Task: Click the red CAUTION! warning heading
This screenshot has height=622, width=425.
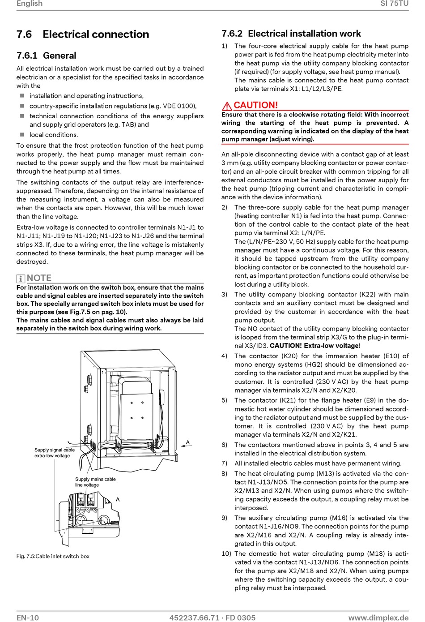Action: point(255,105)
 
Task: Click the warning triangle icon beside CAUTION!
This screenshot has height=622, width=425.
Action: point(227,106)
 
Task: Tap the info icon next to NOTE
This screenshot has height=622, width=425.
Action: point(21,279)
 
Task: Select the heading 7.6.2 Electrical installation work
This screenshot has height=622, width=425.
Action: point(291,34)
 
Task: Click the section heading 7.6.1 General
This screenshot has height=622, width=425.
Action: point(47,56)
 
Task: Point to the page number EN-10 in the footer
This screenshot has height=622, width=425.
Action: point(28,618)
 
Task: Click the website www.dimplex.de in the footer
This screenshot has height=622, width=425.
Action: point(378,618)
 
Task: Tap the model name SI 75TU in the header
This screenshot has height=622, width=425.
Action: point(395,4)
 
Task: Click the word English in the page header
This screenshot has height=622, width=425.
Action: point(30,4)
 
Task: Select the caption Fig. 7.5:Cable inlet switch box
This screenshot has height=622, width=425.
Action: point(53,556)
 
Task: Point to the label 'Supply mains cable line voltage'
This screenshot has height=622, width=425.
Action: point(95,482)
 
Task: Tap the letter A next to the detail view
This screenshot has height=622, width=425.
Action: point(118,500)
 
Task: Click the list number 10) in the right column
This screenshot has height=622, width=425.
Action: point(226,553)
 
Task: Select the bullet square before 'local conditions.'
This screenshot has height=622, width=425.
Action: point(22,135)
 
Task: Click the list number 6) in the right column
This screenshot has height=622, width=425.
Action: point(224,445)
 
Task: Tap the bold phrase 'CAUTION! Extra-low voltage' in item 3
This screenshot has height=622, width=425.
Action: point(314,346)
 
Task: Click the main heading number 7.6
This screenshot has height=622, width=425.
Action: point(24,34)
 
